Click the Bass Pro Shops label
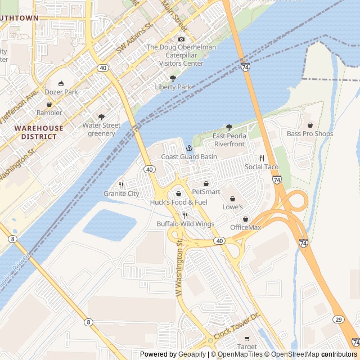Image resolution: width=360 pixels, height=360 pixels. (309, 134)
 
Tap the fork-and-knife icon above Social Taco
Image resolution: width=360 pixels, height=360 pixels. (262, 158)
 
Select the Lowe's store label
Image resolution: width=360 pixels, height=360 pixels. (232, 207)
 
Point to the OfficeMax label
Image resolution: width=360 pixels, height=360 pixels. (246, 227)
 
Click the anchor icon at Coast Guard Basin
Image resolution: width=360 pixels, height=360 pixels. (189, 147)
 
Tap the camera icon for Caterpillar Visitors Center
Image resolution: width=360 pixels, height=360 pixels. (181, 39)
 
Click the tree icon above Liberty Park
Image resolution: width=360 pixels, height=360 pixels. (173, 78)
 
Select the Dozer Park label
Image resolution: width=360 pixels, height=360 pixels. (62, 92)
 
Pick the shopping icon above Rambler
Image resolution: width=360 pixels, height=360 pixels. (49, 104)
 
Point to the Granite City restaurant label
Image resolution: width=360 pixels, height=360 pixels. (121, 193)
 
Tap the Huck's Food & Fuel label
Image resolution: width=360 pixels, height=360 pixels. (178, 202)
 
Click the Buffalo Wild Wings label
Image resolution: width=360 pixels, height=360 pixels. (185, 224)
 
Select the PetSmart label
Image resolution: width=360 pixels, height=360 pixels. (206, 192)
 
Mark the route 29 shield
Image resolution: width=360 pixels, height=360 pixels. (338, 319)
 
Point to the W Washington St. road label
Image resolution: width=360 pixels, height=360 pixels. (179, 267)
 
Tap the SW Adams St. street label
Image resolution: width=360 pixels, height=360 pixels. (135, 40)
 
